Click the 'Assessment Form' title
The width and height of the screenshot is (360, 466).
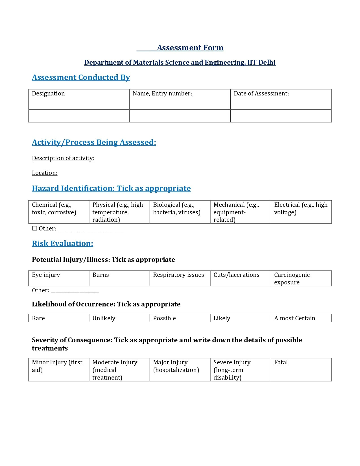[190, 48]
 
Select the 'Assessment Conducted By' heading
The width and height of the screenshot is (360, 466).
[81, 77]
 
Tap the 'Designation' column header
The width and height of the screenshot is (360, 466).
[48, 93]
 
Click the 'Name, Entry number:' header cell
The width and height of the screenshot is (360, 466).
[162, 93]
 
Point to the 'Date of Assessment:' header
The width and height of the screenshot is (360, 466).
[261, 93]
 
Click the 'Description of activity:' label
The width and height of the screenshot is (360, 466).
[63, 158]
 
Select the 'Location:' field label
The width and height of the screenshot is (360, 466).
[45, 173]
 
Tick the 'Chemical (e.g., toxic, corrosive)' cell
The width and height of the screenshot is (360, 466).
[59, 212]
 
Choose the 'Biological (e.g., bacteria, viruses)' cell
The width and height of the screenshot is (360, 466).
[180, 212]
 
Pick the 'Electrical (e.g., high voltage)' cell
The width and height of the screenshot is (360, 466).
[301, 212]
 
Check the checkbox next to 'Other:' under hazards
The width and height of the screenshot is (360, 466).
[35, 228]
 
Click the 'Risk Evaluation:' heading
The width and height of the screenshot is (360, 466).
[62, 243]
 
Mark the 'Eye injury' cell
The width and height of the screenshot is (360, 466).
[59, 278]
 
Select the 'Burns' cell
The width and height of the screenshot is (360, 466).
[119, 278]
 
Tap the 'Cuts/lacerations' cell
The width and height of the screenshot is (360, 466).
[240, 278]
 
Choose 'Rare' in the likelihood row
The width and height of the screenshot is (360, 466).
[59, 318]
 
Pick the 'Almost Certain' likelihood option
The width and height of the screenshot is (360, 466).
[301, 318]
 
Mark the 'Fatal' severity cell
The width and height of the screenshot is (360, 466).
[301, 369]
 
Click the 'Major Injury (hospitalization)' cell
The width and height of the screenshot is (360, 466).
[180, 369]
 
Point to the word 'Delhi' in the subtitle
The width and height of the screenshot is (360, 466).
[267, 62]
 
